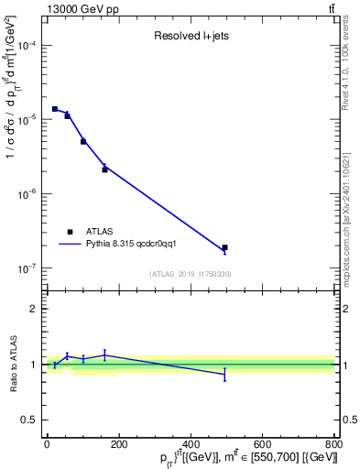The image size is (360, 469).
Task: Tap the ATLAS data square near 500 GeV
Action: (x=224, y=247)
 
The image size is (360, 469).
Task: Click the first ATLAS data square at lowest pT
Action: (x=55, y=109)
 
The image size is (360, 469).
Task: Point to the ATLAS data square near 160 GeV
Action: (x=104, y=169)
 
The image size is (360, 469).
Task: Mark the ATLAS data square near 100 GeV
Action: (x=83, y=141)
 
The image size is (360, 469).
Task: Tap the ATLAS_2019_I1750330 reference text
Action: (x=191, y=274)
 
